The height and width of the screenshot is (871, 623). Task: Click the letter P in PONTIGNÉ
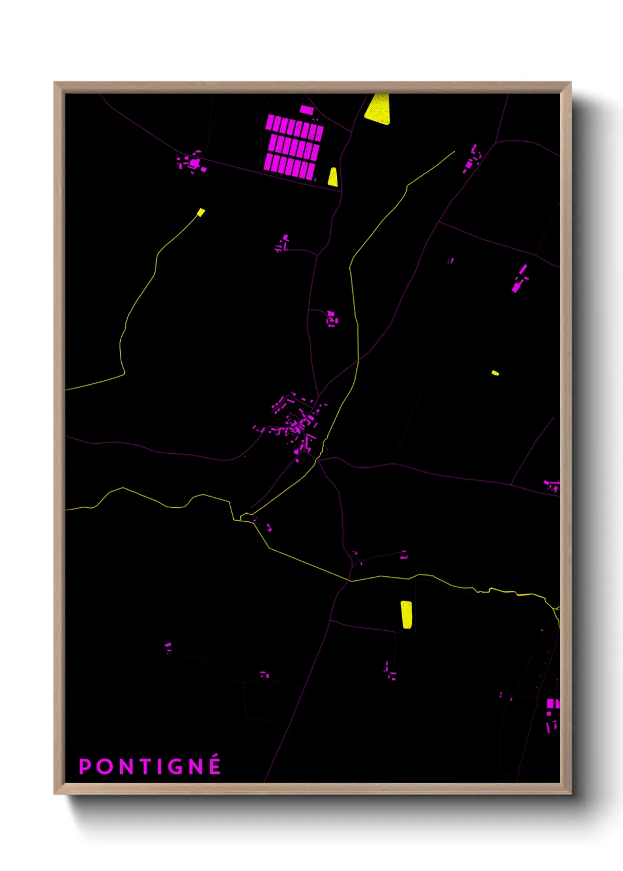(85, 767)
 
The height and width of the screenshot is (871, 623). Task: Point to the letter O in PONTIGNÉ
(104, 767)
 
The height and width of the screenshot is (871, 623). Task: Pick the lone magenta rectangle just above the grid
(307, 109)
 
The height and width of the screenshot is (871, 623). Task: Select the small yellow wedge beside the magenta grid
(333, 177)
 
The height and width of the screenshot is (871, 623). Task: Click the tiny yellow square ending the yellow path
(201, 212)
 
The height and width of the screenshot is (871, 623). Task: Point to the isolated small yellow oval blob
(495, 373)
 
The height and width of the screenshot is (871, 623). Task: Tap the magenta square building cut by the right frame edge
(552, 703)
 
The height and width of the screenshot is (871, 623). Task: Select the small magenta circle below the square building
(549, 714)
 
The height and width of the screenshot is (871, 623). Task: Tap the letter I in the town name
(160, 767)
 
